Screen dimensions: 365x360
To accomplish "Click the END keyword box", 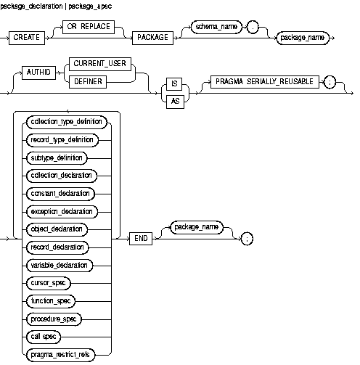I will coord(142,237).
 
